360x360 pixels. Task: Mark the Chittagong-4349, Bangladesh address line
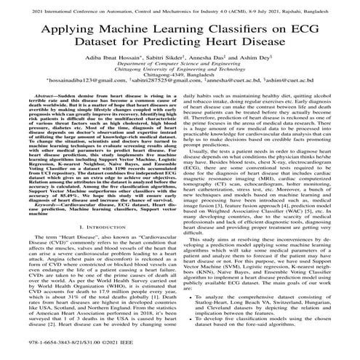pos(180,95)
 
